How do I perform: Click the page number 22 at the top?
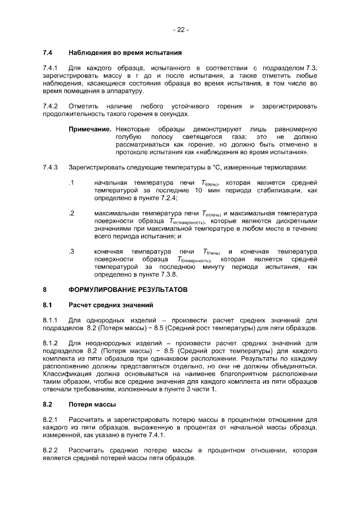coord(180,30)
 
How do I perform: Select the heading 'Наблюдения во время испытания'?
coord(124,53)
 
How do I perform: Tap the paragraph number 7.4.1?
coord(51,68)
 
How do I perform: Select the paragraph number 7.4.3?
coord(51,167)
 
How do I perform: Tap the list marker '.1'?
coord(71,182)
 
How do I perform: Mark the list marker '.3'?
coord(71,251)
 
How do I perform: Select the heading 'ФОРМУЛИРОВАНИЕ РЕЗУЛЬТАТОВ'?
coord(123,290)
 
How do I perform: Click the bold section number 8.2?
coord(48,404)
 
